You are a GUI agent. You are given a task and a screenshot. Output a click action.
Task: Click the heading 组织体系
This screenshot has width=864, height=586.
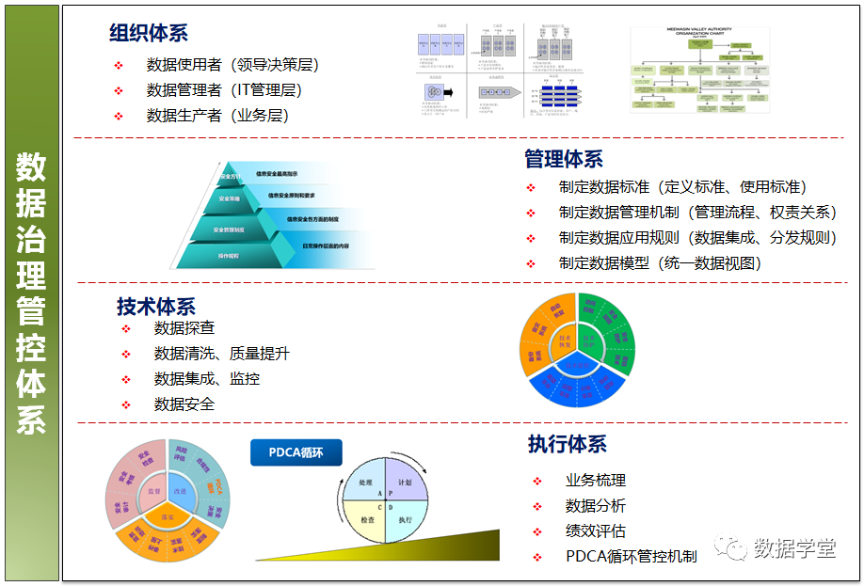(148, 33)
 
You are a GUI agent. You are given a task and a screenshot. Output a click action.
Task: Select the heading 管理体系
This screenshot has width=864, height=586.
(564, 159)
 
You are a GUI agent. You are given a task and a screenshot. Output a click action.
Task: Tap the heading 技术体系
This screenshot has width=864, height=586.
(156, 306)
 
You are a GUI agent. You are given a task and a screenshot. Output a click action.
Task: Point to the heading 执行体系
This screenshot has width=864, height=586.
(568, 444)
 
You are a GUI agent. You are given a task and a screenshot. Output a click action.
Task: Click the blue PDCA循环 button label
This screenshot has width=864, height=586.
(296, 452)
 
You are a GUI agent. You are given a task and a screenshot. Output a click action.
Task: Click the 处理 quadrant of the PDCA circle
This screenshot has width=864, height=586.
(365, 482)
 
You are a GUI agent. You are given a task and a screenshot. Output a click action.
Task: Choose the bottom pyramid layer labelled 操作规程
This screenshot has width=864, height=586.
(229, 255)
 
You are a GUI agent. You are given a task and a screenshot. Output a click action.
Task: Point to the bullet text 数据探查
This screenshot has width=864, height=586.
(184, 328)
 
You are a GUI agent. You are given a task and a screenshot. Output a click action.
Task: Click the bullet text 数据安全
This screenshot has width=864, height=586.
(184, 404)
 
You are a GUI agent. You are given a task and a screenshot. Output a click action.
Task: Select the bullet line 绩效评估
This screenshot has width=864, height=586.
(595, 531)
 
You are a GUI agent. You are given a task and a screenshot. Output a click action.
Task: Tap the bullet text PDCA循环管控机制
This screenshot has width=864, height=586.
(631, 556)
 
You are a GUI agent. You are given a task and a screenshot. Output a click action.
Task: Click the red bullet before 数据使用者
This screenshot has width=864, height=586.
(119, 65)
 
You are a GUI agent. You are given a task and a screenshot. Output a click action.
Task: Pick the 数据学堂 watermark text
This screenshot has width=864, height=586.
(794, 548)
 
